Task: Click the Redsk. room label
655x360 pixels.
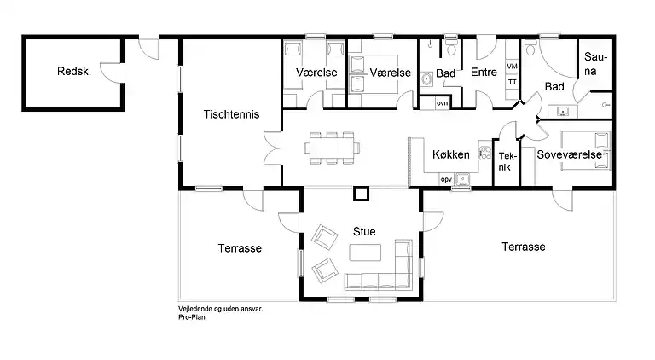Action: coord(74,71)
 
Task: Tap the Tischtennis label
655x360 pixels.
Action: coord(231,114)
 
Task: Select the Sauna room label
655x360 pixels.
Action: coord(595,63)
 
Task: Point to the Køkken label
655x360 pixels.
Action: coord(450,154)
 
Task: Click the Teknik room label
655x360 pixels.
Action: coord(507,161)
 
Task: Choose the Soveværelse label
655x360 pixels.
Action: coord(570,154)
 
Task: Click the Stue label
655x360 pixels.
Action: coord(364,231)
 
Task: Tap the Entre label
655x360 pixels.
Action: coord(484,72)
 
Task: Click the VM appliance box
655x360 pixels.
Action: coord(512,67)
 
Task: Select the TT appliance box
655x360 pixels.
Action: coord(512,82)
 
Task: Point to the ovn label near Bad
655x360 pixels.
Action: coord(442,102)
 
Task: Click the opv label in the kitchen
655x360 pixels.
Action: coord(446,179)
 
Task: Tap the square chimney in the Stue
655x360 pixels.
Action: coord(361,194)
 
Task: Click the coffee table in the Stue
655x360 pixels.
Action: coord(365,253)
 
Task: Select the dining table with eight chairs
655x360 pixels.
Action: coord(332,148)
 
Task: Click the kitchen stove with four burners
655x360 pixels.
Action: coord(484,153)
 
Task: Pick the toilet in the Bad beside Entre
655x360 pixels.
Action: coord(450,49)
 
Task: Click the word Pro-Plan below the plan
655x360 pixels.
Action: coord(192,317)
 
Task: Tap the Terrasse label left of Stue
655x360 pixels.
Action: coord(240,248)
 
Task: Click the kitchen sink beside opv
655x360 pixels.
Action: coord(462,179)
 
